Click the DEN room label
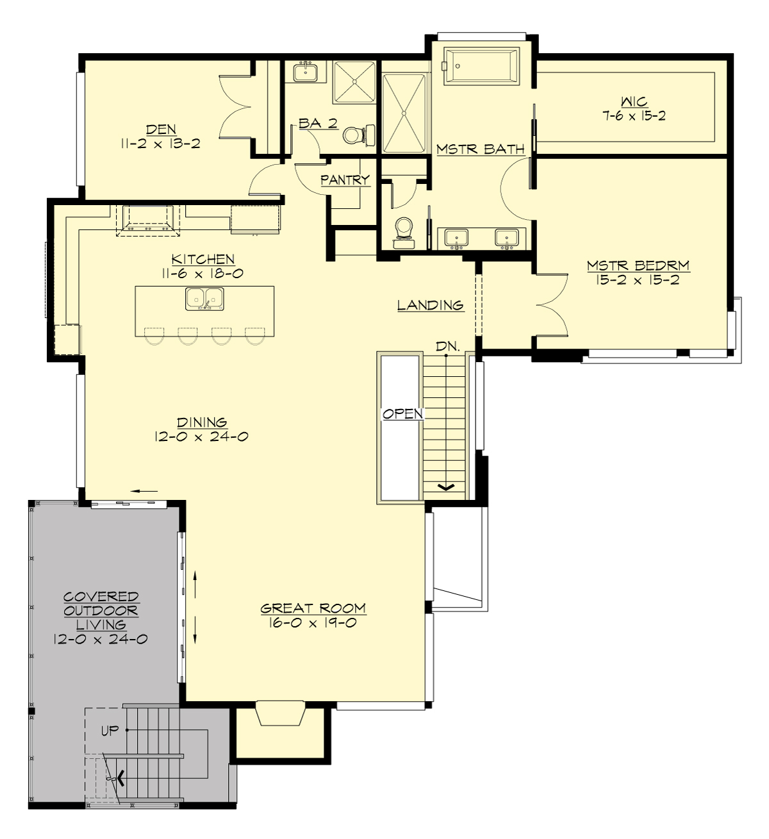[161, 129]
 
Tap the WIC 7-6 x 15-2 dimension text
[633, 116]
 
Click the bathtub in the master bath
[483, 65]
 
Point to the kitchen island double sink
[204, 299]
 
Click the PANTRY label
[345, 180]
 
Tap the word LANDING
[430, 305]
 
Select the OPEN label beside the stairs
[402, 414]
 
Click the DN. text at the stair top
[447, 346]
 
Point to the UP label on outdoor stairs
[110, 730]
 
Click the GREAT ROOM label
[313, 608]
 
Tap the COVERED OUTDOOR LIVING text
[101, 611]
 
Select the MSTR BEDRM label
[638, 265]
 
